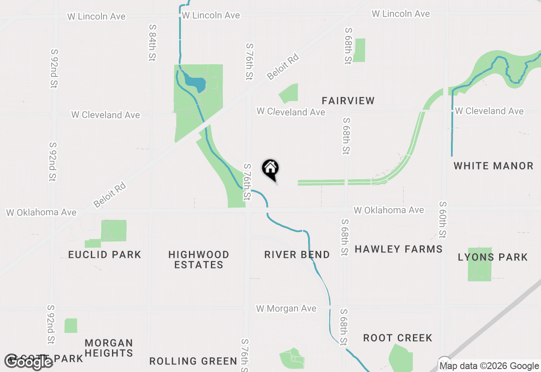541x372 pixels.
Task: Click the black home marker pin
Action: coord(270,169)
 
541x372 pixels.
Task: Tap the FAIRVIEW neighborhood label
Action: coord(348,101)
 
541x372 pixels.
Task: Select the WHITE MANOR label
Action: coord(493,166)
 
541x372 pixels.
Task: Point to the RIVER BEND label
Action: coord(297,254)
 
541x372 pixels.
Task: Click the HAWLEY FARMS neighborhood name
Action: coord(398,249)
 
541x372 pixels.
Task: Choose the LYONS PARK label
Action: coord(493,257)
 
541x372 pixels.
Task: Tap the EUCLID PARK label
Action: coord(104,254)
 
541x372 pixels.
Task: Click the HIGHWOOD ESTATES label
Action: coord(199,260)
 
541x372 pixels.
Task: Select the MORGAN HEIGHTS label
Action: coord(109,347)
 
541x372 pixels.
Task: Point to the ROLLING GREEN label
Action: coord(193,361)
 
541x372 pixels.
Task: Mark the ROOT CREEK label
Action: coord(398,338)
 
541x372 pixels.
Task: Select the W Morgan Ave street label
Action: coord(286,309)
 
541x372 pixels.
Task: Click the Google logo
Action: coord(28,362)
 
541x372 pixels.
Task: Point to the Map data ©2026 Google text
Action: coord(489,366)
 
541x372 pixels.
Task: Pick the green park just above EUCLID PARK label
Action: coord(113,231)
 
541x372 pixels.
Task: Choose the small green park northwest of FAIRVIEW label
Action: coord(290,93)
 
